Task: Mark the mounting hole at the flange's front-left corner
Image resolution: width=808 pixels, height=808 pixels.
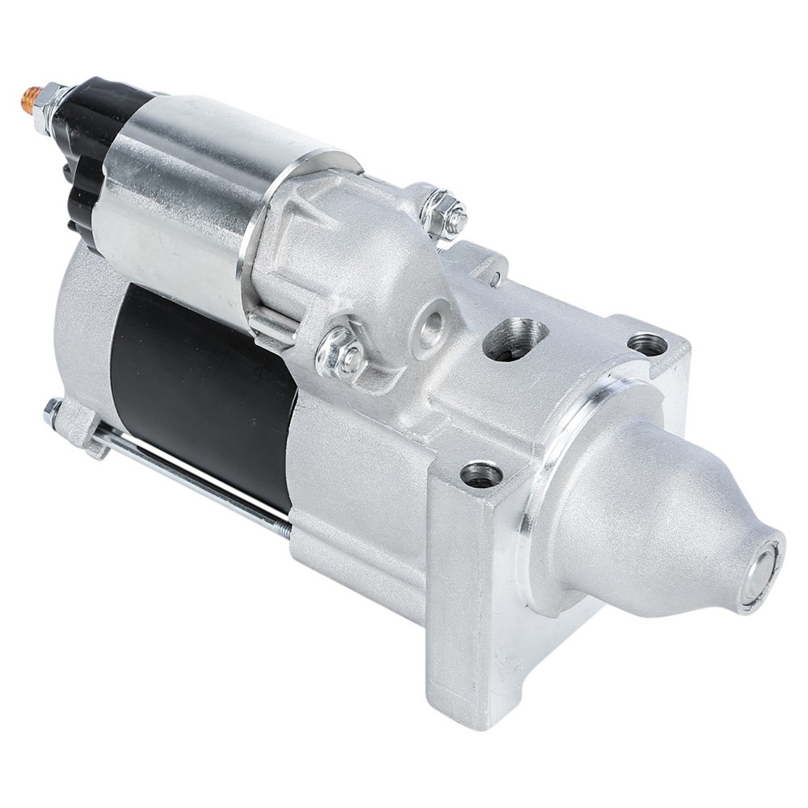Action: [482, 474]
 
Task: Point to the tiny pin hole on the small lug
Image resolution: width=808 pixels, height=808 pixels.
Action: [494, 280]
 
